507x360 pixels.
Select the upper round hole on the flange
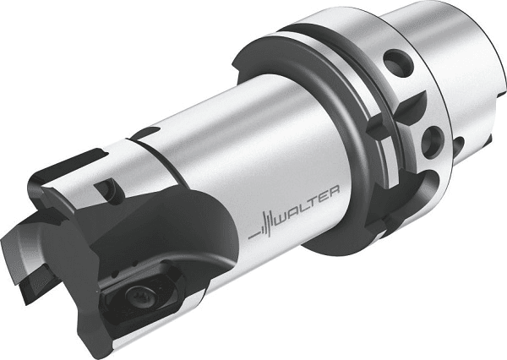398,63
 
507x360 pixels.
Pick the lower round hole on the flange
433,142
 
